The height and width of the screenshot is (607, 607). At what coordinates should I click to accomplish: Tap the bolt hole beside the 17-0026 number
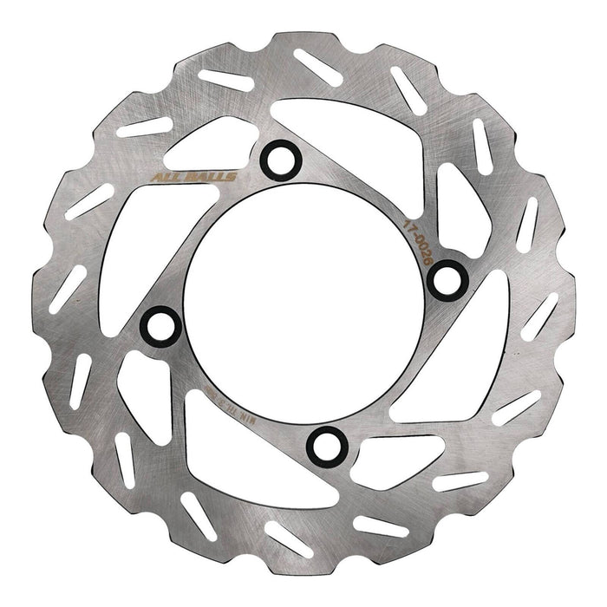click(x=447, y=277)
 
